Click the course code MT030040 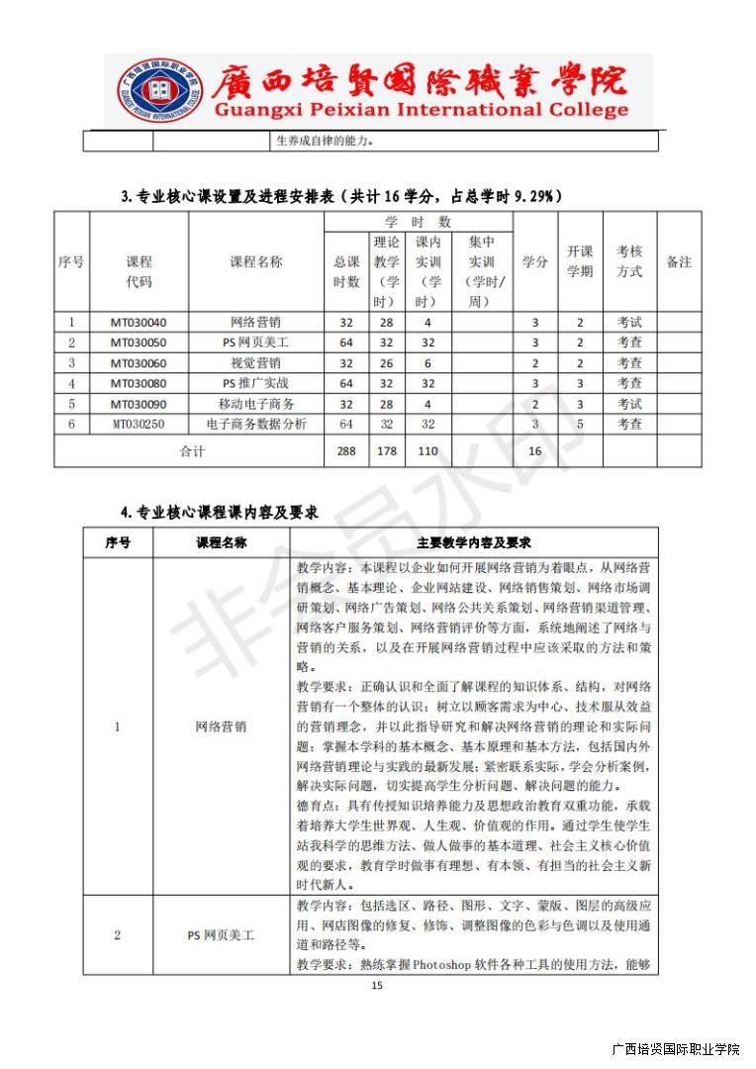pyautogui.click(x=139, y=323)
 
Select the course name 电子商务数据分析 pyautogui.click(x=256, y=425)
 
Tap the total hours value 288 pyautogui.click(x=346, y=451)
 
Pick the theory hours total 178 pyautogui.click(x=387, y=451)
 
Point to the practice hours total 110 pyautogui.click(x=427, y=451)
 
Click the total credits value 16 pyautogui.click(x=535, y=451)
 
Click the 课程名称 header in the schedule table pyautogui.click(x=256, y=262)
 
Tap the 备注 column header pyautogui.click(x=679, y=262)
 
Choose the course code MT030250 pyautogui.click(x=139, y=425)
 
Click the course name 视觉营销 pyautogui.click(x=256, y=363)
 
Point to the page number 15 pyautogui.click(x=376, y=986)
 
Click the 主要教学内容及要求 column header pyautogui.click(x=474, y=543)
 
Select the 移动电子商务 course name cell pyautogui.click(x=256, y=404)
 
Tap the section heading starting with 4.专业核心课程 pyautogui.click(x=219, y=512)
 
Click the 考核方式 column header pyautogui.click(x=629, y=262)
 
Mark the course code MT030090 pyautogui.click(x=139, y=404)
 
